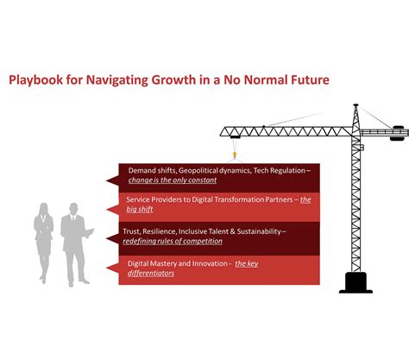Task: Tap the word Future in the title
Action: tap(305, 81)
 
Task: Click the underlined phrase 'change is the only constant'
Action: tap(172, 180)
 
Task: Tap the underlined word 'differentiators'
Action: tap(151, 274)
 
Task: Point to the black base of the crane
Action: tap(356, 282)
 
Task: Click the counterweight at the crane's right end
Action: tap(399, 134)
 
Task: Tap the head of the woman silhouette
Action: tap(44, 210)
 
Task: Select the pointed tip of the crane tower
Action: tap(355, 106)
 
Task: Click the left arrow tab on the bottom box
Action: tap(110, 268)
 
